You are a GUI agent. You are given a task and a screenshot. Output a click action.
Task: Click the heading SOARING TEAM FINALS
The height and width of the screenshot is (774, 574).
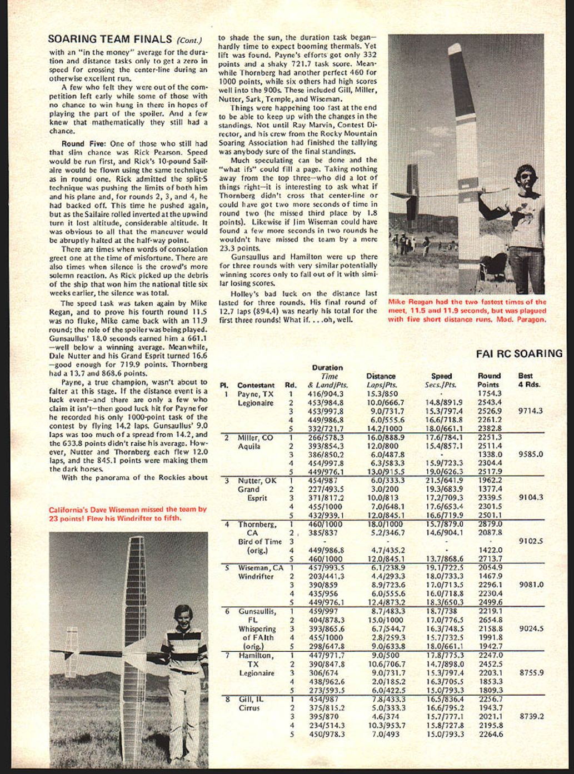click(x=110, y=39)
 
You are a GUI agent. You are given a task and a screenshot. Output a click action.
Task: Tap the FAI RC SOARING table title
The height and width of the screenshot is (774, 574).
click(x=519, y=353)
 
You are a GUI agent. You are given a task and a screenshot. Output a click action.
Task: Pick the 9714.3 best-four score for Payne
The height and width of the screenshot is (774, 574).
click(x=530, y=411)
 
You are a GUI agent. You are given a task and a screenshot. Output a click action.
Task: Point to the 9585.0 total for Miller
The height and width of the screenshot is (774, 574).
click(x=530, y=454)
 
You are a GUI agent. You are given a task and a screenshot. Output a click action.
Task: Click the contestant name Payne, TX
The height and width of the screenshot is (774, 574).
click(x=255, y=394)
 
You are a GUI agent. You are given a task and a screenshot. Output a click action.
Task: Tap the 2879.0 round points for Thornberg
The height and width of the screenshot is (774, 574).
click(x=490, y=523)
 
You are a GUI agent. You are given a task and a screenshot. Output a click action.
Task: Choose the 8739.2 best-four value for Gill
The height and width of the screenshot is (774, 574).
click(x=530, y=717)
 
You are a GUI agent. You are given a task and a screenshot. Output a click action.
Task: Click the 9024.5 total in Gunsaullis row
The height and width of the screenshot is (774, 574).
click(x=530, y=629)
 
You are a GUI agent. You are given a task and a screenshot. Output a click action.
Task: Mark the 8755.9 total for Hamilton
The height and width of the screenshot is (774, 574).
click(x=530, y=673)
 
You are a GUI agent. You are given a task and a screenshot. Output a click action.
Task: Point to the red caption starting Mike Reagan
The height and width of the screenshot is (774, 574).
click(x=467, y=311)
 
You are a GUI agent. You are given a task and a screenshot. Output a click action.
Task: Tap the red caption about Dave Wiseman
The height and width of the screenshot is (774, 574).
click(x=127, y=514)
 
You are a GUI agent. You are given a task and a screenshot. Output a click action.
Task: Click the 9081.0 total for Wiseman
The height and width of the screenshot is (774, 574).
click(x=530, y=585)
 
